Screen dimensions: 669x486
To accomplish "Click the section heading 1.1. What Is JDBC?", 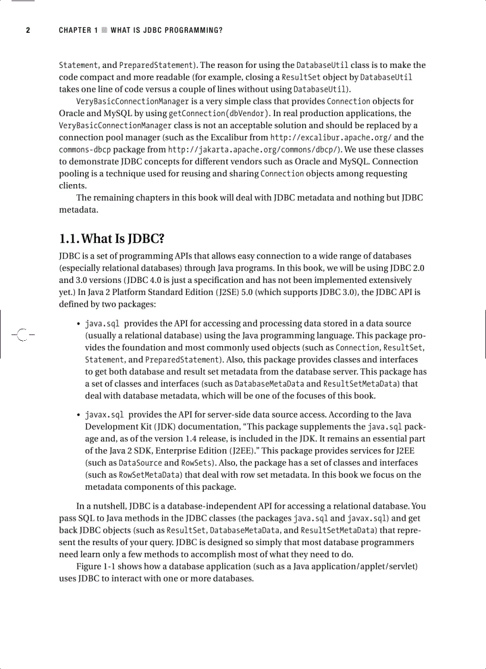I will pyautogui.click(x=111, y=239).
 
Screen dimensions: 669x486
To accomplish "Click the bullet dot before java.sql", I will pyautogui.click(x=79, y=325).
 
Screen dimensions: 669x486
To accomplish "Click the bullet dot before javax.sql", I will pyautogui.click(x=79, y=415).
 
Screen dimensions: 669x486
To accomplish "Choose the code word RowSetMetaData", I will pyautogui.click(x=149, y=475).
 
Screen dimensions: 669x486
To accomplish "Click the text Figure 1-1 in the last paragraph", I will pyautogui.click(x=98, y=566).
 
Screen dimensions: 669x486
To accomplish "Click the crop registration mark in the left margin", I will pyautogui.click(x=22, y=335).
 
